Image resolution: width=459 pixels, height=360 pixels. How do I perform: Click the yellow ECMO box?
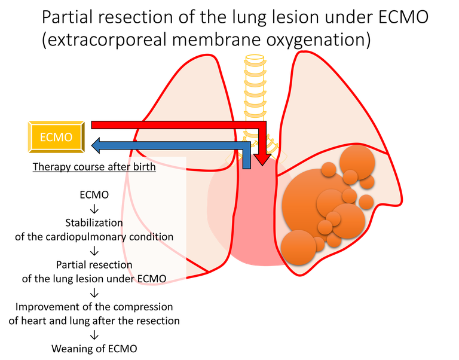pos(56,137)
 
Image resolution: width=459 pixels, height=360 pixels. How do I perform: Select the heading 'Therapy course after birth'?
pos(94,167)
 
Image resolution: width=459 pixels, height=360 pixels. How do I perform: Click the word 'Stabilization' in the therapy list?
pos(94,222)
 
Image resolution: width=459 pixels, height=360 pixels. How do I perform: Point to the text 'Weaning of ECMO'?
pos(94,348)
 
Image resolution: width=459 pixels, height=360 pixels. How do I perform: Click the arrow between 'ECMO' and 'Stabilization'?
pos(94,209)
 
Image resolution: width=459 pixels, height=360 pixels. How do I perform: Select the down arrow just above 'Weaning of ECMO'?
pos(94,334)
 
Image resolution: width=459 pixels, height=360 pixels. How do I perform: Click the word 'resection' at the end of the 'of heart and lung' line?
pos(158,321)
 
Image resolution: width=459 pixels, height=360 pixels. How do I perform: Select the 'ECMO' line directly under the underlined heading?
pos(94,195)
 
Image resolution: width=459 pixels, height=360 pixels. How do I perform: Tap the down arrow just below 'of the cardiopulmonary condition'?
pos(94,251)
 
